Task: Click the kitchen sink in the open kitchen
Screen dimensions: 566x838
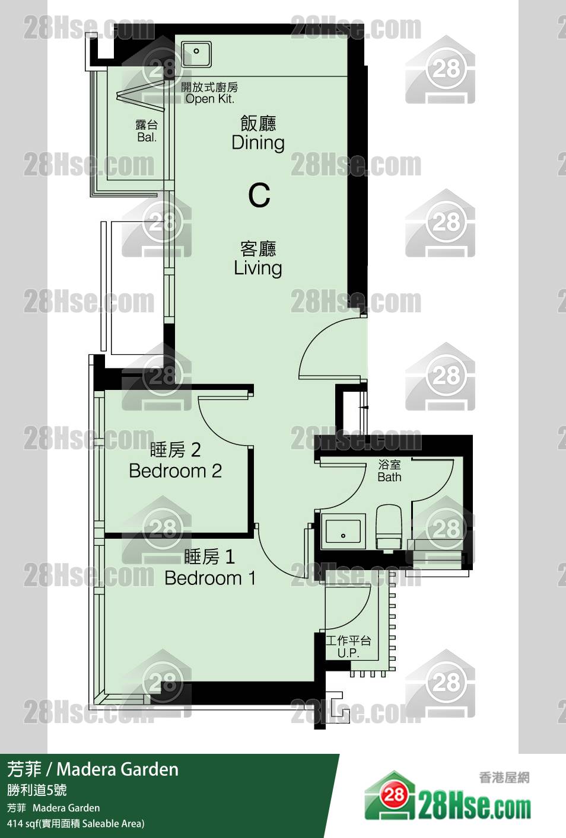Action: (x=196, y=54)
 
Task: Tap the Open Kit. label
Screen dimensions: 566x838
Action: (x=210, y=99)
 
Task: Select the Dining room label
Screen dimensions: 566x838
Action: (x=258, y=143)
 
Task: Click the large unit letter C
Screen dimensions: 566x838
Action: (x=259, y=195)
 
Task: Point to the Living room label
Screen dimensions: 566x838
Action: (x=258, y=268)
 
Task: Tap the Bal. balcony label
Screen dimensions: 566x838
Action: (x=147, y=137)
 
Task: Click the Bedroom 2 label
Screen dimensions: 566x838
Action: (x=175, y=471)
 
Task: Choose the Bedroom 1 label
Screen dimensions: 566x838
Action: (x=210, y=578)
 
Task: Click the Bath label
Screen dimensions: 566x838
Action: (x=390, y=477)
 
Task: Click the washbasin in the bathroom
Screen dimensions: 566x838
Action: (x=344, y=531)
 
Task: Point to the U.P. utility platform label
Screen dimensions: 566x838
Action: (x=348, y=653)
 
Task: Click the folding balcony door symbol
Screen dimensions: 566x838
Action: (x=141, y=95)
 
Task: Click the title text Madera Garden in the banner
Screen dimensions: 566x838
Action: (x=117, y=769)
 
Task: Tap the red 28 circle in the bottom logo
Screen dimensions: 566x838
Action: (x=394, y=794)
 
